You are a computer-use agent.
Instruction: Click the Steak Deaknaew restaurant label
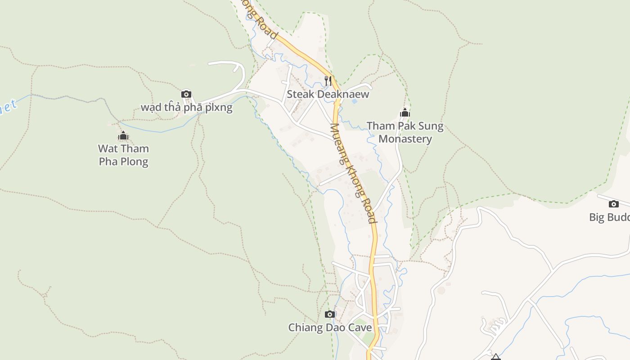tap(328, 94)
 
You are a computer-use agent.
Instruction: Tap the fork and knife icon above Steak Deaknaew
tap(328, 81)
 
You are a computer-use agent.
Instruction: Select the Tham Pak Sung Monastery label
tap(405, 132)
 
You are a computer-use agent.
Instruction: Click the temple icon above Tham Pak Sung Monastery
tap(405, 112)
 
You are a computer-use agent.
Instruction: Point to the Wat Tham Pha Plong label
tap(123, 155)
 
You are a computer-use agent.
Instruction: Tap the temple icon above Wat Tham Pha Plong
tap(123, 135)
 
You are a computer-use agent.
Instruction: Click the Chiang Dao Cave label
tap(330, 327)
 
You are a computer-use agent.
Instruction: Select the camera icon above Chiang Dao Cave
tap(330, 314)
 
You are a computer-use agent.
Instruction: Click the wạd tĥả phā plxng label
tap(186, 107)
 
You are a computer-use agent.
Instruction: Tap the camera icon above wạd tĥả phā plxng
tap(186, 94)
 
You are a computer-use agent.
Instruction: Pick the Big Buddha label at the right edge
tap(609, 217)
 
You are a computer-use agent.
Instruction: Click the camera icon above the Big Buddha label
tap(613, 204)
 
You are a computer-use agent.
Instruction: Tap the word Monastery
tap(405, 139)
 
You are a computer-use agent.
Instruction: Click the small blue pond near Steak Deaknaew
tap(354, 101)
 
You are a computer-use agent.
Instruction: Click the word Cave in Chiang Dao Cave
tap(359, 327)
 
